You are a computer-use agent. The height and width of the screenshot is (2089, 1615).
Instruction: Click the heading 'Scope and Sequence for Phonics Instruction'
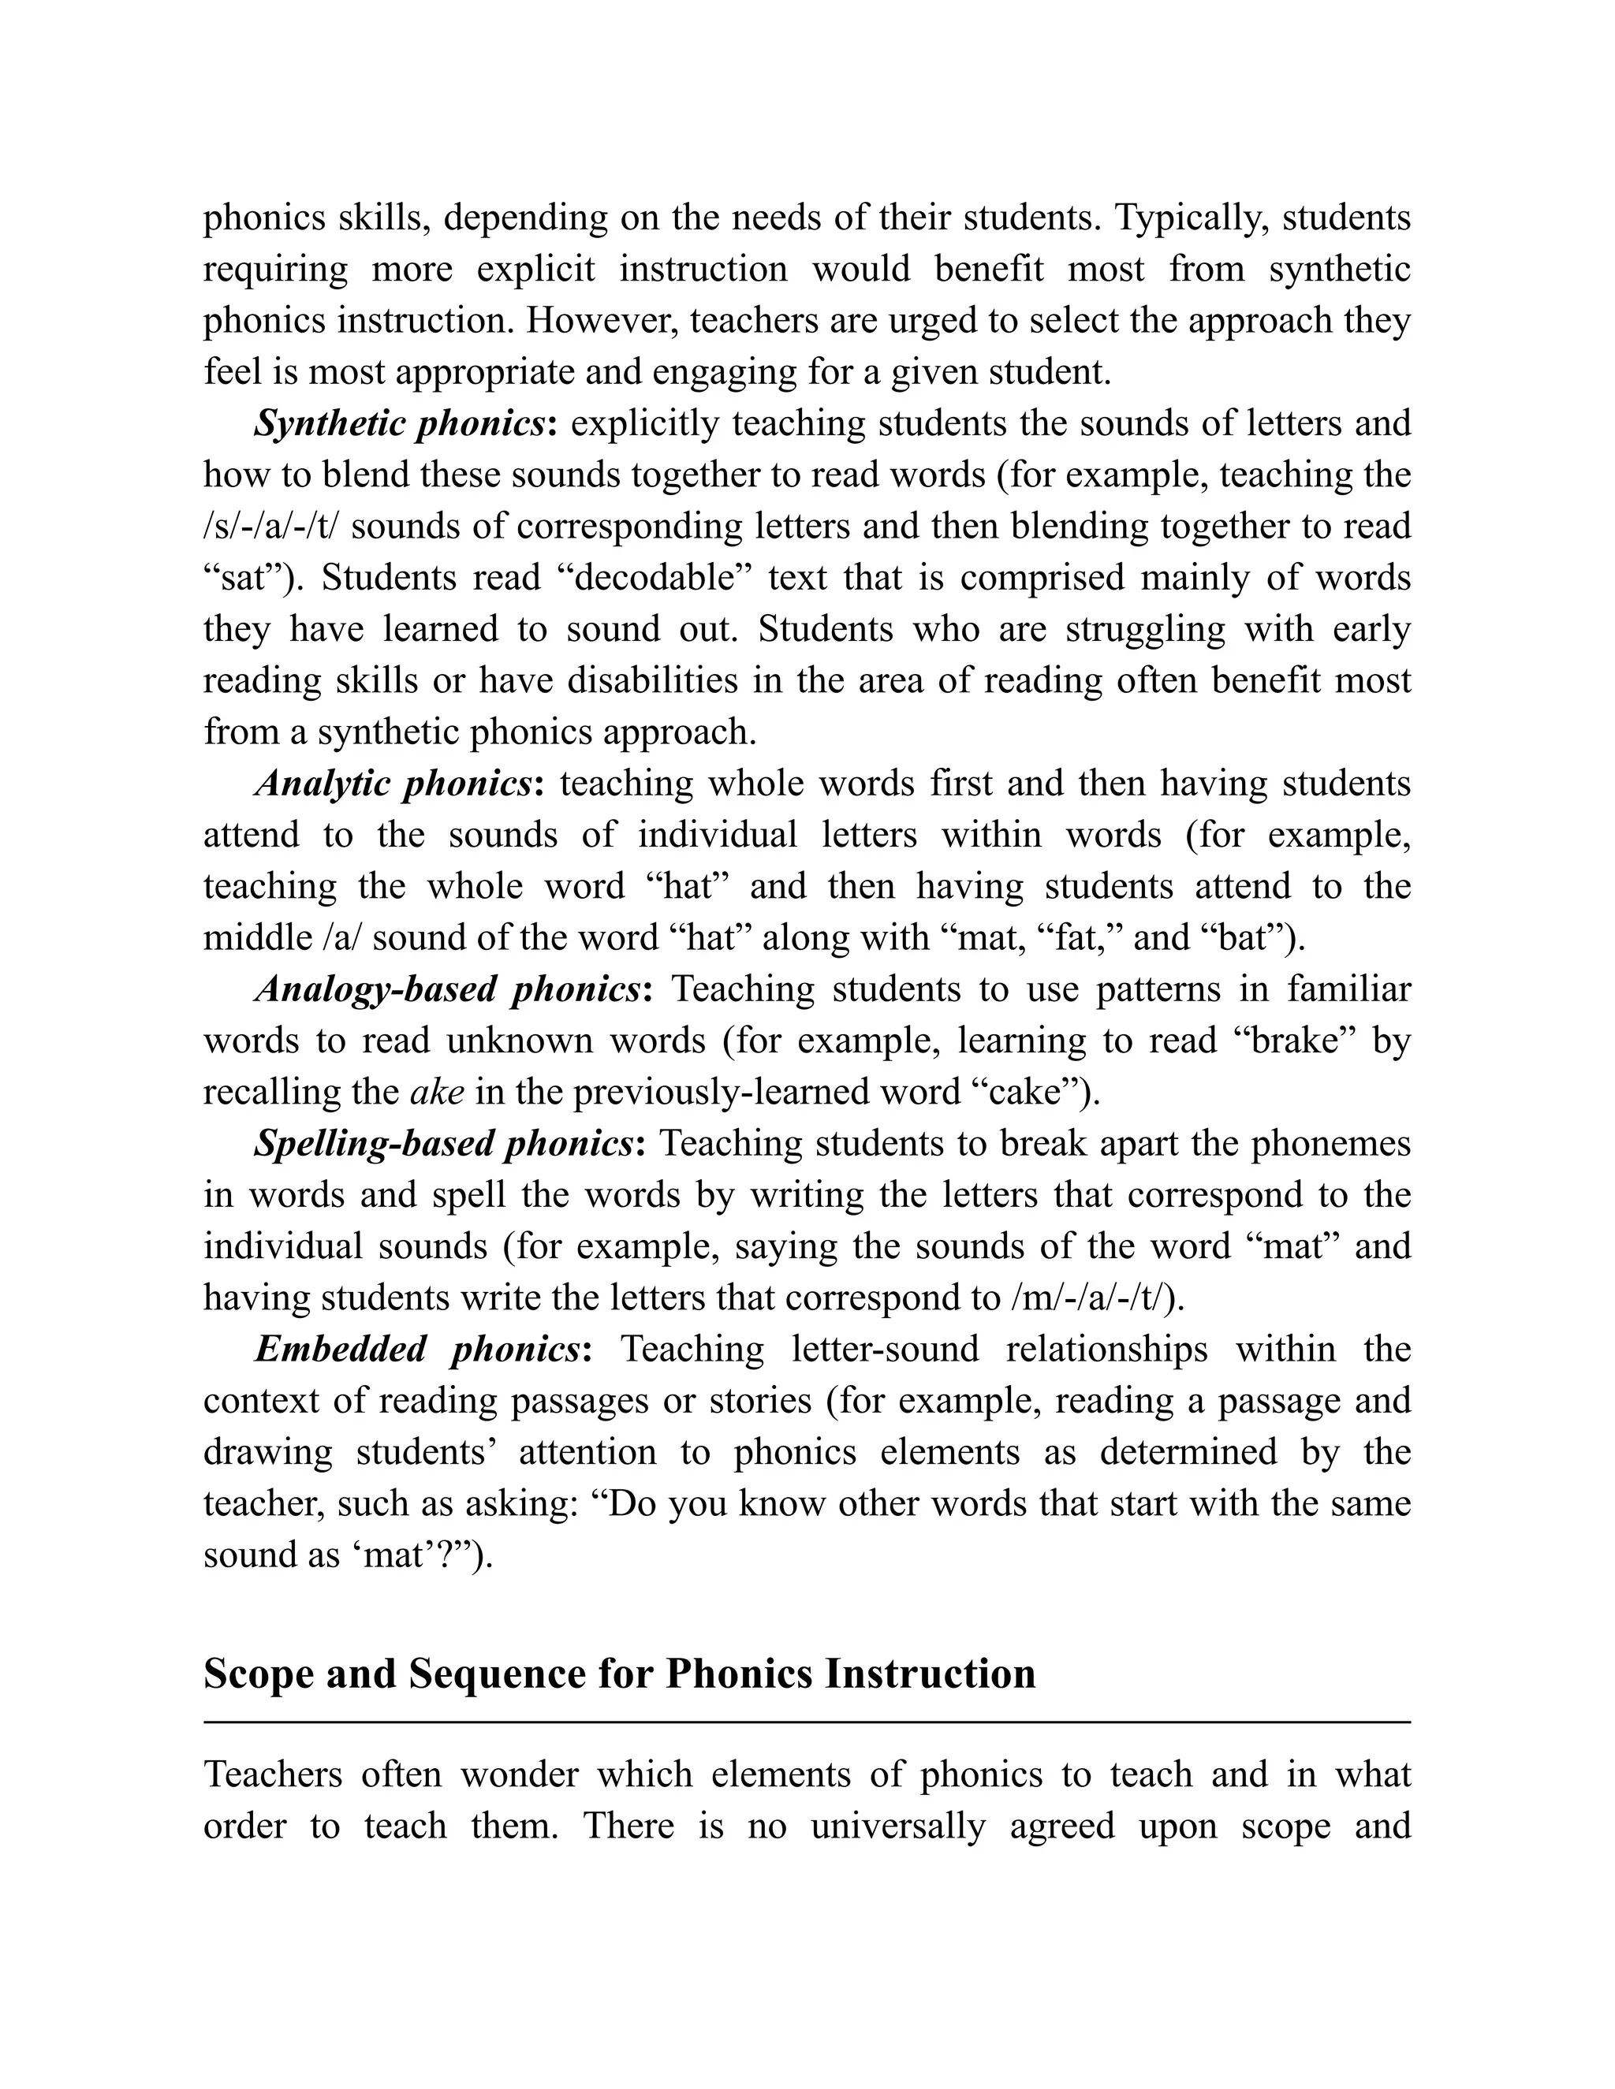coord(619,1673)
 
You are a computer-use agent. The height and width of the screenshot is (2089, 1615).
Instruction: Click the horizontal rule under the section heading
coord(807,1722)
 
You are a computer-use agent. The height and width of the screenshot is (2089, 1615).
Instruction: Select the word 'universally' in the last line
coord(897,1826)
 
